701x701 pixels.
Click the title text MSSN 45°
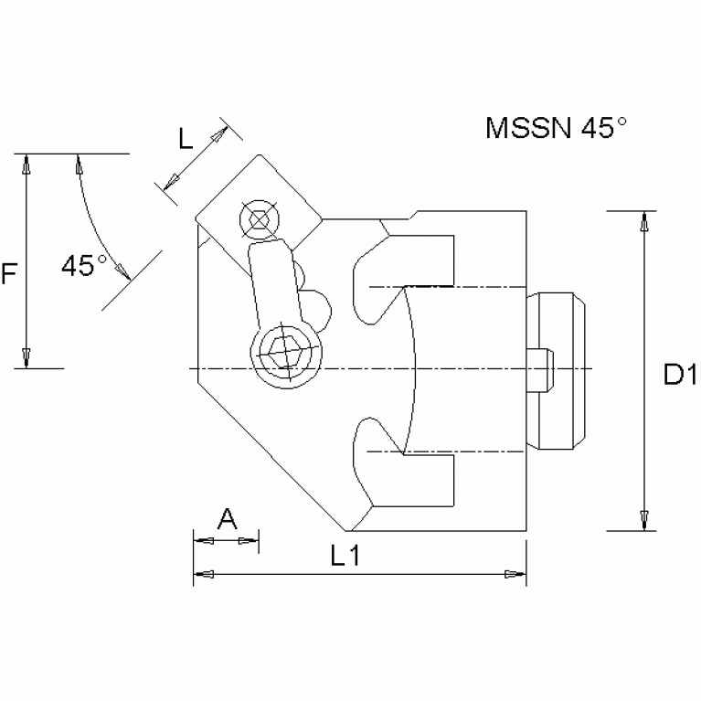point(556,128)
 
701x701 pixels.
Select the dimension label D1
point(680,374)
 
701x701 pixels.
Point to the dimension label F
point(9,272)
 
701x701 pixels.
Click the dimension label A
point(228,520)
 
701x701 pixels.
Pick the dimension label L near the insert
point(185,140)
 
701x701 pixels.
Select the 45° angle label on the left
point(84,266)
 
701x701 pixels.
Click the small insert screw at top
point(258,219)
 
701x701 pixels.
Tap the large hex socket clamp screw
point(285,350)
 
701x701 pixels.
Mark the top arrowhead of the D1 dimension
point(645,219)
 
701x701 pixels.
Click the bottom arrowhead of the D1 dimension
point(645,520)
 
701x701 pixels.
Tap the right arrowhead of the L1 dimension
point(516,575)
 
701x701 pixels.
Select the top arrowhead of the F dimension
point(28,165)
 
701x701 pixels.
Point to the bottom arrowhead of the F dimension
point(28,357)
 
